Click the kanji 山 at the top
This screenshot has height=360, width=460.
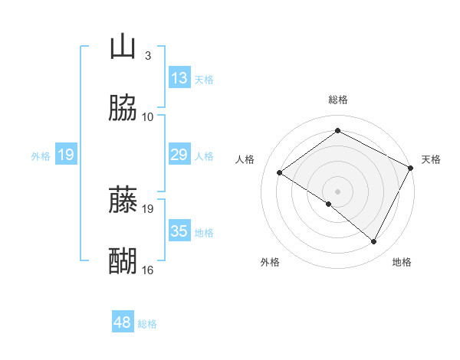123,47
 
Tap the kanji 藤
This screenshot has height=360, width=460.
123,201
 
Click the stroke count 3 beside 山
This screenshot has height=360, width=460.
148,56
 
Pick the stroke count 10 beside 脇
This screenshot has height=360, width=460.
148,117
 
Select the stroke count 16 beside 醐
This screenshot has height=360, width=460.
148,270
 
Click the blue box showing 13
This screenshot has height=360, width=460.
179,78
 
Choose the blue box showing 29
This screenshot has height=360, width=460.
179,155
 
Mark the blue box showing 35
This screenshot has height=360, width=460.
179,231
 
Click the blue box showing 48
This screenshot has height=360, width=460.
123,322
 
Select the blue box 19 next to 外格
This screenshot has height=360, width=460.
66,155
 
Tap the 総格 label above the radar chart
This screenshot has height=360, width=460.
338,100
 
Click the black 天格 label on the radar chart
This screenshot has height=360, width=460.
431,159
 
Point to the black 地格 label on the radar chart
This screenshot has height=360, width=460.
402,263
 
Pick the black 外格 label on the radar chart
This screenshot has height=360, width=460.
270,263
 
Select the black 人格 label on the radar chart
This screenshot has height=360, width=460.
245,159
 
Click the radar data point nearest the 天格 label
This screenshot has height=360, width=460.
411,168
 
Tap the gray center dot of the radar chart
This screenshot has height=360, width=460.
338,191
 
